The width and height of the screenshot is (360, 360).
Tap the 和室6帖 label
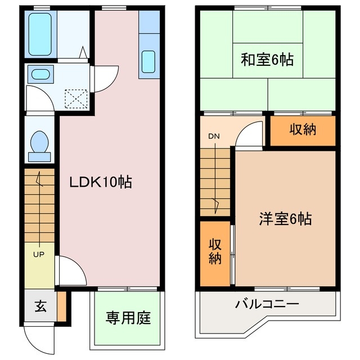click(267, 60)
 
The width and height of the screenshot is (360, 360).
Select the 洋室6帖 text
click(286, 218)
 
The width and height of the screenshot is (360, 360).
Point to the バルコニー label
click(267, 304)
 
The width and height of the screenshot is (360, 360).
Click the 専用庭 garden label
click(129, 318)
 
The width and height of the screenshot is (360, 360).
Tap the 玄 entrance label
click(40, 307)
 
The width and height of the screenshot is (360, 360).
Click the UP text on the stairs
click(39, 254)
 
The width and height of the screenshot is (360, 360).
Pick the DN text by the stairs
click(214, 136)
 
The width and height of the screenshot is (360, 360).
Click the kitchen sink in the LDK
click(148, 61)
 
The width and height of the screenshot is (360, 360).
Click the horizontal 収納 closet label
click(303, 129)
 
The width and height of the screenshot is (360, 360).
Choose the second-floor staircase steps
click(215, 180)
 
